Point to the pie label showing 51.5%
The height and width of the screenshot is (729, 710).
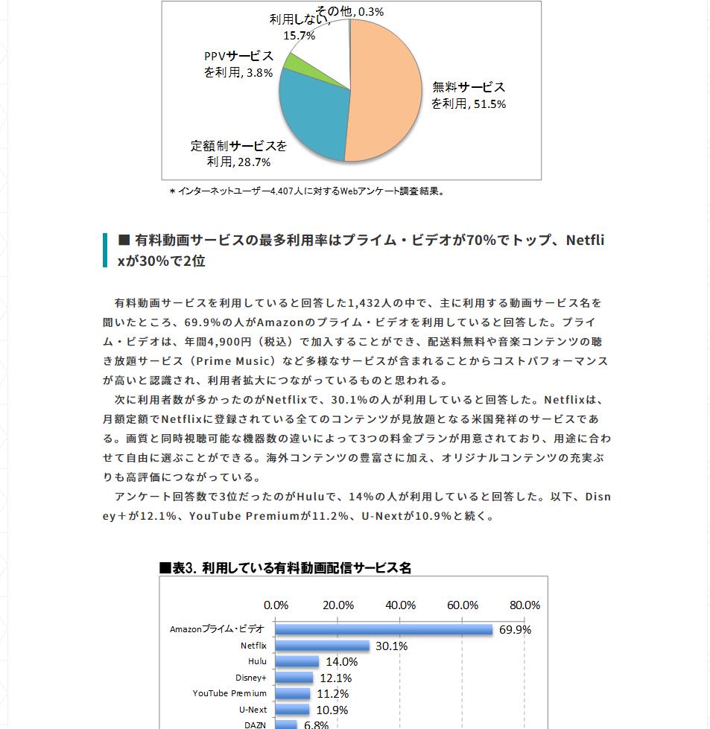tap(469, 95)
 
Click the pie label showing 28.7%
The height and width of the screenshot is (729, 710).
tap(238, 153)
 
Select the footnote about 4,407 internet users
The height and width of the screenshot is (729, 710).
tap(308, 191)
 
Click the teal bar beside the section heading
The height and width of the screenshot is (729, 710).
tap(105, 250)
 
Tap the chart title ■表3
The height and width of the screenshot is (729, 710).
tap(285, 567)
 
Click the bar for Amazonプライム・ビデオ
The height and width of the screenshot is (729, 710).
tap(384, 629)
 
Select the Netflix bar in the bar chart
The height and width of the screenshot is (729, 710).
tap(322, 646)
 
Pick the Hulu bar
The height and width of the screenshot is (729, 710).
tap(297, 661)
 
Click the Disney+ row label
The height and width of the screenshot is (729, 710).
tap(250, 678)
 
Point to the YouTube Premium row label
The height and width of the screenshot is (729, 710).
tap(229, 693)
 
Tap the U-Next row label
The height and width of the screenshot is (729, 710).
tap(253, 710)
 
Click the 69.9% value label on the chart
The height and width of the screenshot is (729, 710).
tap(515, 630)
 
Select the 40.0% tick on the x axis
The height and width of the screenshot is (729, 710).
tap(401, 605)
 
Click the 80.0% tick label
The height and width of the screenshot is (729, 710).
tap(524, 605)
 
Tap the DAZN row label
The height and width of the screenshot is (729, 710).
tap(256, 725)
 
